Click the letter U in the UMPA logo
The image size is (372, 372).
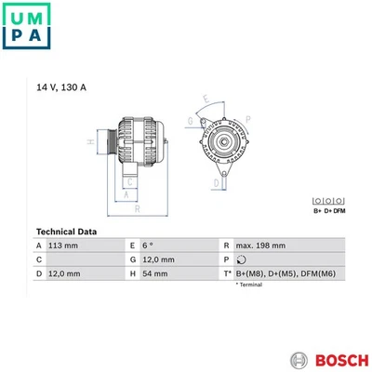click(x=20, y=15)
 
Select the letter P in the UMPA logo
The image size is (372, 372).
click(x=20, y=35)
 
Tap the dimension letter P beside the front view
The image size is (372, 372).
click(x=247, y=120)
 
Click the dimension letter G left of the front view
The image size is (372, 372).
click(x=190, y=121)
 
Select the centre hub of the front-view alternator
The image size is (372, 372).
click(x=222, y=141)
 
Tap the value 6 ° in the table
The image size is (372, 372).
click(x=150, y=245)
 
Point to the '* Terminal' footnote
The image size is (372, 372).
click(x=248, y=285)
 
